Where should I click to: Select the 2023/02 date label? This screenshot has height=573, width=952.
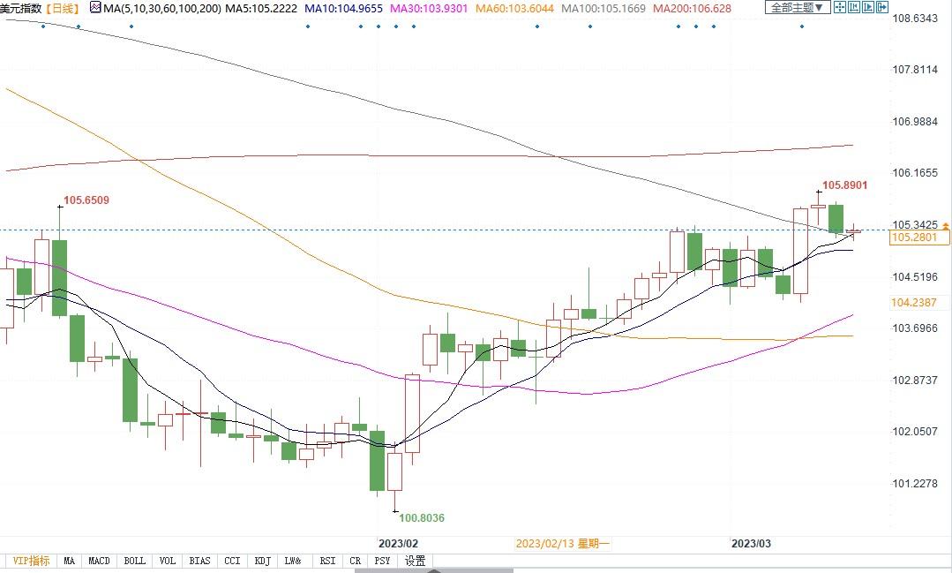click(x=398, y=544)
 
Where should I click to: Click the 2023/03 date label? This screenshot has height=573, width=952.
click(x=752, y=544)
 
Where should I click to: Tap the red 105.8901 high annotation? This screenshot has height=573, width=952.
click(x=844, y=185)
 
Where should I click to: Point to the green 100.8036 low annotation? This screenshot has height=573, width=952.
click(x=422, y=518)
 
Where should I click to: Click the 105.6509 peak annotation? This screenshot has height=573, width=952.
click(x=86, y=200)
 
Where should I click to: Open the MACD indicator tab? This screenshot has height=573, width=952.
click(x=100, y=561)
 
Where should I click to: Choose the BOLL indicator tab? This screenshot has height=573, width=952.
click(x=134, y=561)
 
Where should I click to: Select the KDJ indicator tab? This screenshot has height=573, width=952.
click(x=262, y=561)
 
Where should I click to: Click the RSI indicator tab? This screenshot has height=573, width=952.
click(x=326, y=561)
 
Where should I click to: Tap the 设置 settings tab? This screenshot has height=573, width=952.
click(x=415, y=561)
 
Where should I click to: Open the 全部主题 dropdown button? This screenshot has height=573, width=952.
click(x=797, y=8)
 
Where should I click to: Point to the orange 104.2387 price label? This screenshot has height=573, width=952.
click(x=914, y=302)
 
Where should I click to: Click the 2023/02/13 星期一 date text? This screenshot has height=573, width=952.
click(x=562, y=544)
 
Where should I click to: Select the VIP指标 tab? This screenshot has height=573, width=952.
click(x=31, y=561)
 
